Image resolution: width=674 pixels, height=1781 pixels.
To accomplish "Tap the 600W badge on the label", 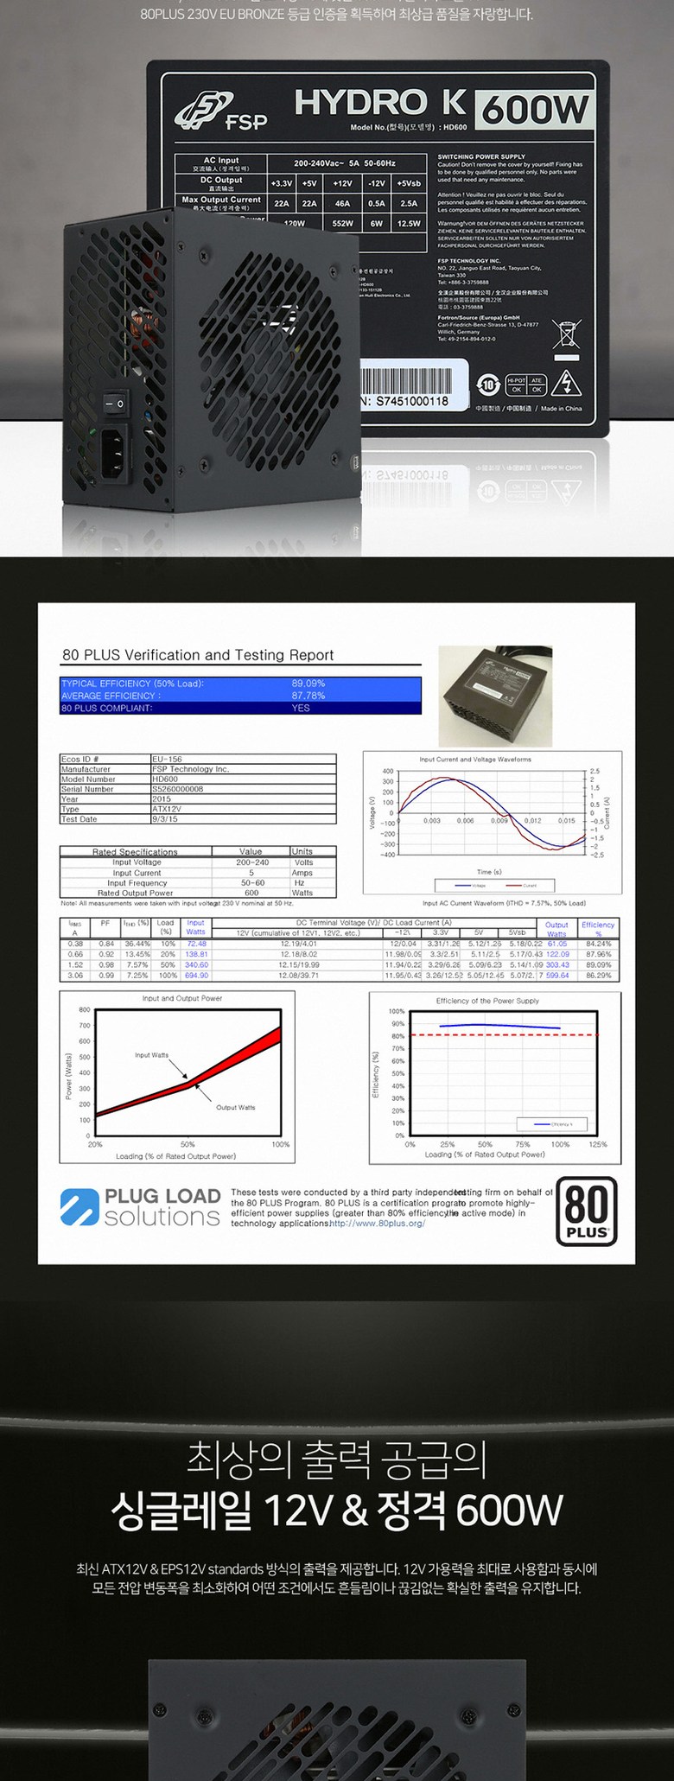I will [x=534, y=111].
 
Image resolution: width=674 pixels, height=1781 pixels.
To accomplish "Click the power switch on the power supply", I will [x=115, y=404].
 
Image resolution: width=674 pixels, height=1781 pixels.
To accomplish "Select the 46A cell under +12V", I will [x=342, y=204].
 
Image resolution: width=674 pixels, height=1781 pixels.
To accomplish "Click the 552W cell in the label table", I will [x=342, y=224].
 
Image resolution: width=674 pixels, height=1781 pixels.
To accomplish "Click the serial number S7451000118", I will [x=411, y=401].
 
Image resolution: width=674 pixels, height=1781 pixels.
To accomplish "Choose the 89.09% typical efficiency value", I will [x=308, y=684].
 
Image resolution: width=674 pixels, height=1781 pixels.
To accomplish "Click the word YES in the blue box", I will [x=301, y=708].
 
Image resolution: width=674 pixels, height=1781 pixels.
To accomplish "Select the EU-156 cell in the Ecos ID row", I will [x=167, y=759].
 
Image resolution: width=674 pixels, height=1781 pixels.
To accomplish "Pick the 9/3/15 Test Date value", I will [x=165, y=818].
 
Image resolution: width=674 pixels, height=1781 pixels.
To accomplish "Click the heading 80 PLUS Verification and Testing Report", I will [x=198, y=655].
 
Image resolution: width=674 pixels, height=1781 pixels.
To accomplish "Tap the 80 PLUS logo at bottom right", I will [x=586, y=1211].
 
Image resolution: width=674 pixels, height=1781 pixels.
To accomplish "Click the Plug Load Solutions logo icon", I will [x=79, y=1207].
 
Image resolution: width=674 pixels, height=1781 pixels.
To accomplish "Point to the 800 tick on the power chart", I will [x=85, y=1010].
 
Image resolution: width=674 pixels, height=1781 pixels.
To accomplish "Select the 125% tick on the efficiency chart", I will [x=598, y=1144].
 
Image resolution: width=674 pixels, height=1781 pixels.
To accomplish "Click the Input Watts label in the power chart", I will [x=151, y=1055].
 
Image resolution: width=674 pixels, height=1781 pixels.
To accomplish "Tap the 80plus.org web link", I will [x=378, y=1224].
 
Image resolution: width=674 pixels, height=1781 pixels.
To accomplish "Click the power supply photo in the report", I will [x=495, y=697].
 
